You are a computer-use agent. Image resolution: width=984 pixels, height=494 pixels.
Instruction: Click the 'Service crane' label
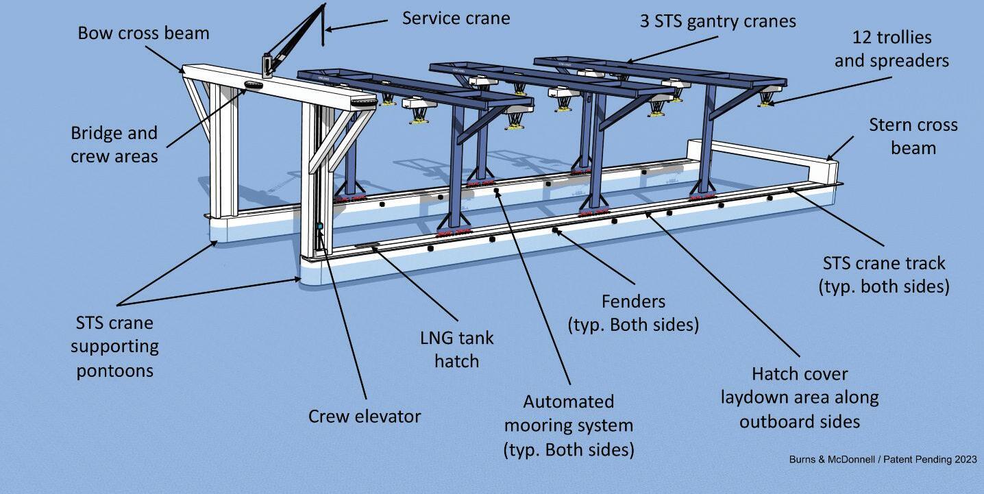point(456,18)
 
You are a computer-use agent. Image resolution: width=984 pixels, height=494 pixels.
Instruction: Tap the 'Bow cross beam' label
point(143,33)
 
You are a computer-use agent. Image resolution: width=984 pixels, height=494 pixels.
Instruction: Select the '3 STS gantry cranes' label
point(718,21)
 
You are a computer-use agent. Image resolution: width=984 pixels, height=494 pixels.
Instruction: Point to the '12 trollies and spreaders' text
point(891,49)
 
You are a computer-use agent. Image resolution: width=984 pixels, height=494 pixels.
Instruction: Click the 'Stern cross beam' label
point(913,136)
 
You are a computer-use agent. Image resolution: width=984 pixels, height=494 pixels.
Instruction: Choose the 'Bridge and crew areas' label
point(114,145)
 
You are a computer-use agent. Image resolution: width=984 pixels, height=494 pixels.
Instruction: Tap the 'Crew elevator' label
point(365,416)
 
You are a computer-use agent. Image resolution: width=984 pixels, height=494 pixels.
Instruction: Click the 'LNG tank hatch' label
point(456,349)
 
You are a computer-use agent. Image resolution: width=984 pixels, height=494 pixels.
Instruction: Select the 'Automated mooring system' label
point(568,425)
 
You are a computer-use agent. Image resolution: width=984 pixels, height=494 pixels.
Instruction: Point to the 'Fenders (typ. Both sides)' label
point(633,312)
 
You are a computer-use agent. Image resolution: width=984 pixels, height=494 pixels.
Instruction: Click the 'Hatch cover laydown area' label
point(800,397)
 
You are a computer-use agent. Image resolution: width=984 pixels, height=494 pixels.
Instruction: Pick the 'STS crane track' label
point(884,274)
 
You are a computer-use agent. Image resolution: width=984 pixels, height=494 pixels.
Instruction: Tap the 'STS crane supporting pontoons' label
point(114,347)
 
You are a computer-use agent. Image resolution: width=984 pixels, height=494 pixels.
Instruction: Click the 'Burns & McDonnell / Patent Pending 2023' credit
point(883,459)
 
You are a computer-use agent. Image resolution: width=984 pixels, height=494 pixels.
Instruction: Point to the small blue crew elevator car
point(319,225)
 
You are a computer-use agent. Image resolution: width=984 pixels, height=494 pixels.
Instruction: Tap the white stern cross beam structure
point(767,154)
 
